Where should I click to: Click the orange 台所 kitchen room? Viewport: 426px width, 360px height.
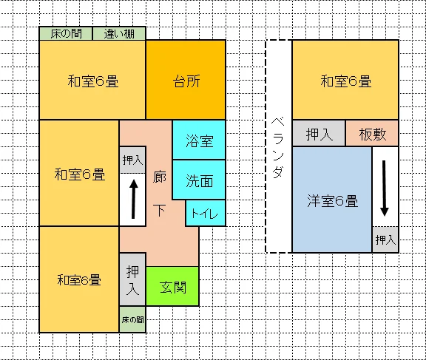(186, 80)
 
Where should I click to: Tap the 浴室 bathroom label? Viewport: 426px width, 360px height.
(200, 141)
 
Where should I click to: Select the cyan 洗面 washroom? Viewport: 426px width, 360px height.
(199, 180)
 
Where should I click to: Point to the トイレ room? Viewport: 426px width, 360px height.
(206, 213)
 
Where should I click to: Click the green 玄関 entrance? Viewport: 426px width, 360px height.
(172, 286)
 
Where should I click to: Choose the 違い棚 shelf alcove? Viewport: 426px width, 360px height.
(119, 34)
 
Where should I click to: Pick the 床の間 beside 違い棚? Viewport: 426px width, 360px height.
(66, 34)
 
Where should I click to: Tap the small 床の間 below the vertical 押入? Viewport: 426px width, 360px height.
(132, 319)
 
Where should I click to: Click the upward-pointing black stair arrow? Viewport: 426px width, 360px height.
(133, 199)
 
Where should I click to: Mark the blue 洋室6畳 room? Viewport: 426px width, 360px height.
(332, 200)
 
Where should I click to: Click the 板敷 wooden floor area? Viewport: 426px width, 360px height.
(372, 134)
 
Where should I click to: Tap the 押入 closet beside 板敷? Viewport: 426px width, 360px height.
(319, 134)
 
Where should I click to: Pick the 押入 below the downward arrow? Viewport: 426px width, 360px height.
(385, 240)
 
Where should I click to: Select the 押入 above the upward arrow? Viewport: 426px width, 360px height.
(132, 160)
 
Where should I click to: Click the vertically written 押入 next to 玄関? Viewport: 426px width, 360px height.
(132, 279)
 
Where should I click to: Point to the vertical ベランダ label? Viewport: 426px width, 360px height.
(278, 147)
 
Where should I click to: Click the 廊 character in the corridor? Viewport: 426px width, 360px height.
(160, 177)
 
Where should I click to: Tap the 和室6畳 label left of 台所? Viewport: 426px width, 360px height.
(93, 81)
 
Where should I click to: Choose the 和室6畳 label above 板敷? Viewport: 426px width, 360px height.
(345, 81)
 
